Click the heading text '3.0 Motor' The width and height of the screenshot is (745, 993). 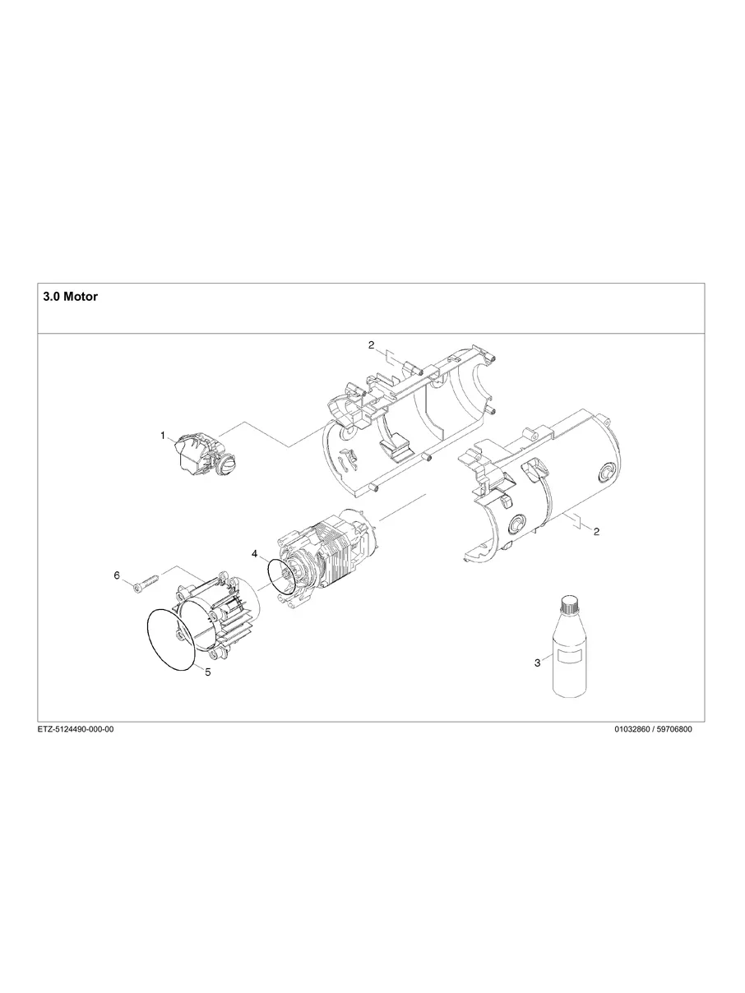coord(70,297)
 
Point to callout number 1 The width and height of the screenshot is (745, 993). coord(163,435)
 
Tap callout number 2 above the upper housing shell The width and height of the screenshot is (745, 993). coord(371,345)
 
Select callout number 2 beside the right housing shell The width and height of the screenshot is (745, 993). coord(596,532)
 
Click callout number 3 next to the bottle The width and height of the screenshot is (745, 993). coord(537,663)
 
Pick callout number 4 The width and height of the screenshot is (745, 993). coord(255,553)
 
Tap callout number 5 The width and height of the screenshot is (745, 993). coord(207,672)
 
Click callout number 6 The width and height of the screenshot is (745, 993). coord(117,575)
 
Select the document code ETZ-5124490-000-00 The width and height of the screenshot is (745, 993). coord(76,729)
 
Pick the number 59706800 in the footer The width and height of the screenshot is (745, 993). coord(675,729)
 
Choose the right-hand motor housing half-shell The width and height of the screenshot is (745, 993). coord(543,493)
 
